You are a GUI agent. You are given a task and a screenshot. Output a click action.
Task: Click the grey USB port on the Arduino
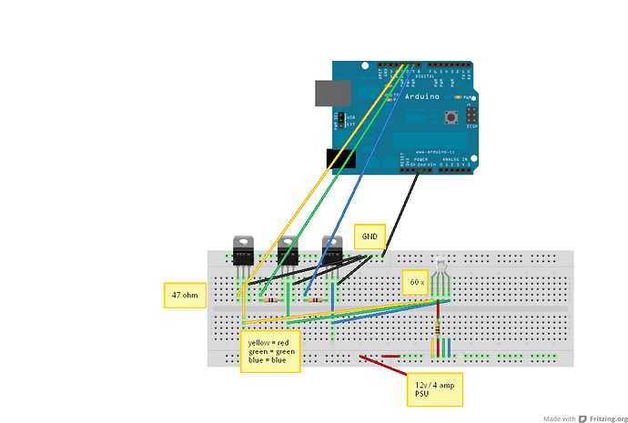[x=329, y=93]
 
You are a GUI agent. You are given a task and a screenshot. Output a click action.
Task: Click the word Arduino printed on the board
[x=421, y=96]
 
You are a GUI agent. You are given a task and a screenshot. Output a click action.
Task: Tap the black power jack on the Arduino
[x=341, y=159]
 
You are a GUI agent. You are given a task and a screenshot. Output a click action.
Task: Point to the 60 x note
[x=415, y=282]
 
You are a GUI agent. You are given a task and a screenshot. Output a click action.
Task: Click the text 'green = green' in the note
[x=270, y=351]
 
